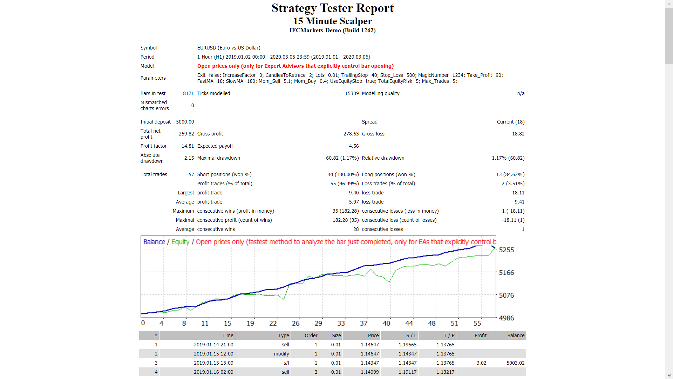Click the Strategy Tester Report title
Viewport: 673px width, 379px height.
tap(332, 8)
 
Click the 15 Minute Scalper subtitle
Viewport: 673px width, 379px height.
tap(332, 21)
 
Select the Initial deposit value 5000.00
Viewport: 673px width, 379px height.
tap(185, 122)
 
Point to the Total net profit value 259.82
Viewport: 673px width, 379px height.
tap(186, 134)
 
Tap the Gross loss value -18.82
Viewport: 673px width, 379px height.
tap(517, 134)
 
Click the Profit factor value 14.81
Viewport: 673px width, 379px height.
tap(188, 146)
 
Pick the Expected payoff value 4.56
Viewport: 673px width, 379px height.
tap(354, 146)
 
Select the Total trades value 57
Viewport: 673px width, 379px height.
tap(191, 174)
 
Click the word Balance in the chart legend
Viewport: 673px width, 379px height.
tap(154, 242)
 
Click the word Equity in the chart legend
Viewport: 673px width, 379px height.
tap(180, 242)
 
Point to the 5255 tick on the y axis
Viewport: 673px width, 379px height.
tap(506, 250)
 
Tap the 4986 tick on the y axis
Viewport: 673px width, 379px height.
tap(506, 318)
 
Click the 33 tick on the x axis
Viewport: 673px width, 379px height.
tap(341, 323)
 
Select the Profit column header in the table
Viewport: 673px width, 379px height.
tap(480, 335)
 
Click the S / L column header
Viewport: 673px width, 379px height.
tap(411, 335)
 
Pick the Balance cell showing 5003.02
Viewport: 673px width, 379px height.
tap(515, 363)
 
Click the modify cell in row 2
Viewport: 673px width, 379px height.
tap(281, 354)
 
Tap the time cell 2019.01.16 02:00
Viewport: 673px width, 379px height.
tap(213, 372)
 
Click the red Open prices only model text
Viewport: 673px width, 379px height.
tap(295, 66)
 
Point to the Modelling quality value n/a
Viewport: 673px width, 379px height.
tap(521, 93)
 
